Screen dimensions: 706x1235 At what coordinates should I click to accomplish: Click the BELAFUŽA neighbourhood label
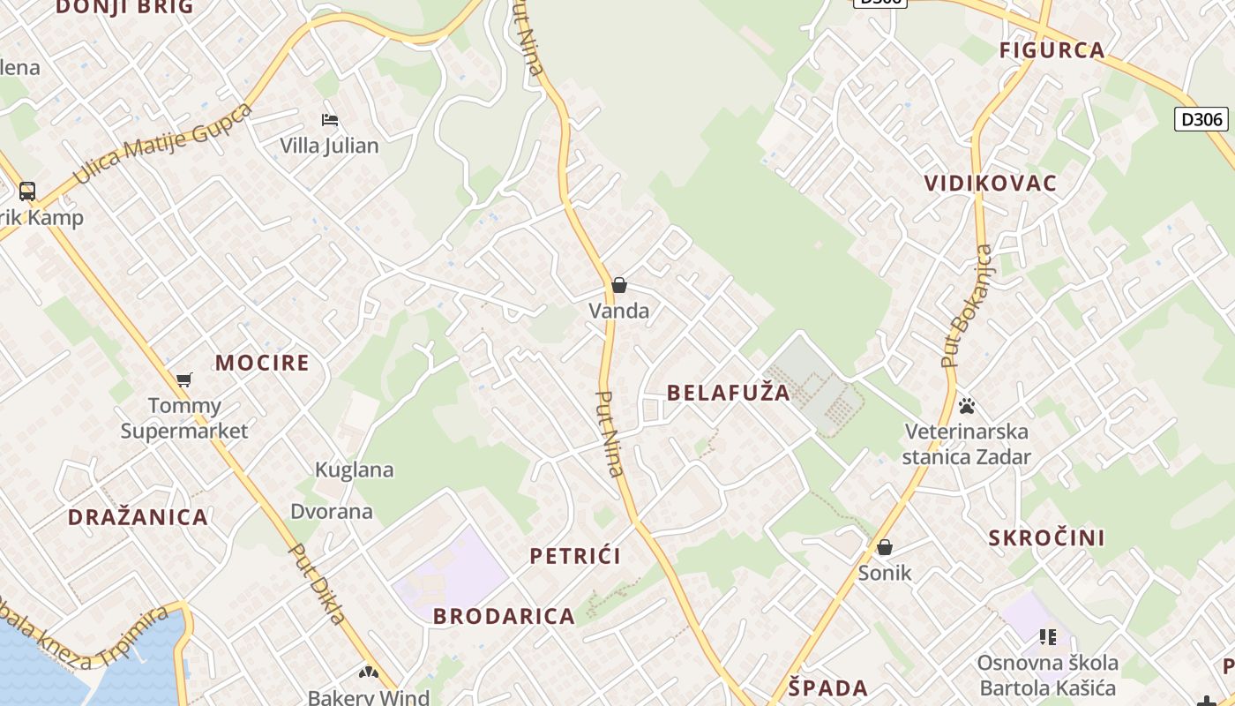coord(729,393)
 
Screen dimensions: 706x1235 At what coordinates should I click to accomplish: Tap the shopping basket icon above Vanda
coord(619,285)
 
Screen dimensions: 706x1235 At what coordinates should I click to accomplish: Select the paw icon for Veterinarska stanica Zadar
coord(967,406)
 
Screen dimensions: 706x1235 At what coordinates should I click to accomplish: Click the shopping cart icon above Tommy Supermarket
coord(184,379)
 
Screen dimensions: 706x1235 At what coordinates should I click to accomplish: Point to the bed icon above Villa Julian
coord(330,120)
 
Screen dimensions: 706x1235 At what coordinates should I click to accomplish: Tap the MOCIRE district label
coord(262,363)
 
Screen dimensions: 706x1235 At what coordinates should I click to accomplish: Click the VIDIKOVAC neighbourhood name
coord(990,184)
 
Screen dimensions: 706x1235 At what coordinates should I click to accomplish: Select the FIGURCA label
coord(1052,50)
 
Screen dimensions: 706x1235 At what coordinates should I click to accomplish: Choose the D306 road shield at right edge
coord(1201,118)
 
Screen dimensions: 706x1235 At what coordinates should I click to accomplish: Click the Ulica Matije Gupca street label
coord(163,144)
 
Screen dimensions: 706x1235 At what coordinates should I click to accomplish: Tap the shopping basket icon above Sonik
coord(885,547)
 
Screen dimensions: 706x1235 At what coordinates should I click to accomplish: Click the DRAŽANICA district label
coord(138,517)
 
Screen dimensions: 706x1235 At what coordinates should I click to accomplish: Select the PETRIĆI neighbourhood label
coord(575,556)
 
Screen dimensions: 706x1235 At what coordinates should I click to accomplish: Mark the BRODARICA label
coord(504,616)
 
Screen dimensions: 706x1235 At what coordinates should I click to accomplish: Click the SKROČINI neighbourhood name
coord(1046,538)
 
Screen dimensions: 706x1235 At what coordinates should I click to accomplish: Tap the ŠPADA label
coord(827,688)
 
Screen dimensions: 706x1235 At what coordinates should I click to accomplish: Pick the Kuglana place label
coord(355,469)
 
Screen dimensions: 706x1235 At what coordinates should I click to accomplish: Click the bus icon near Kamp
coord(27,191)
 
